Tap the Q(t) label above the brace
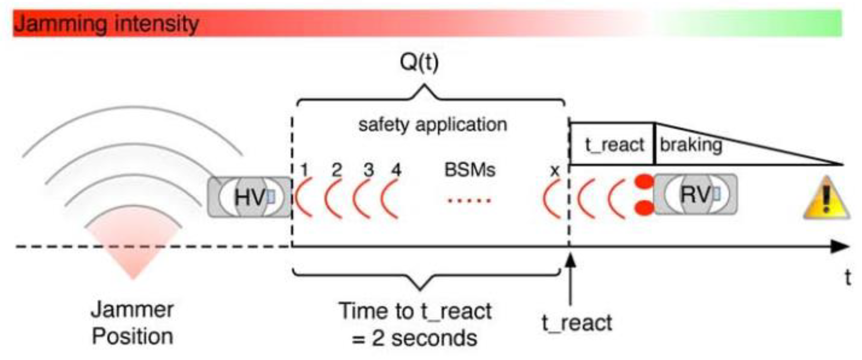pos(419,62)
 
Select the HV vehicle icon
pos(250,197)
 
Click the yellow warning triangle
pos(826,199)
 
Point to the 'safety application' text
pos(433,125)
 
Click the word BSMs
pos(469,170)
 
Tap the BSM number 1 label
pos(304,170)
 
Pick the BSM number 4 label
pos(396,170)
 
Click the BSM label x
pos(555,171)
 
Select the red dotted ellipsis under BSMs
pos(469,201)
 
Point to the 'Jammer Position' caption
pos(132,323)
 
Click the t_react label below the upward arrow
pos(577,323)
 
